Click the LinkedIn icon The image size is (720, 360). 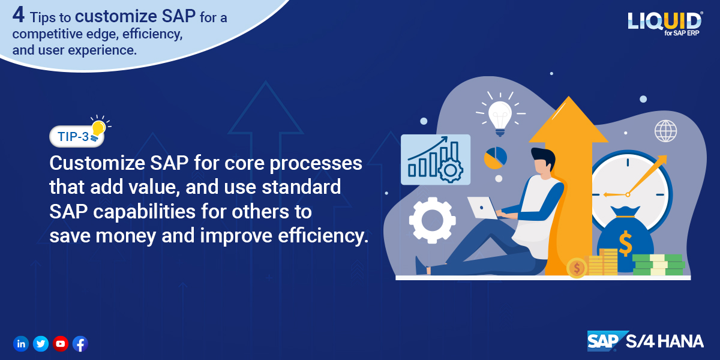coord(21,344)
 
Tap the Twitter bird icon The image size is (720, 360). coord(41,344)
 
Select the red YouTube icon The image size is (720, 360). coord(61,344)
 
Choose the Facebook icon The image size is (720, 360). coord(80,344)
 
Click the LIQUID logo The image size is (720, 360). coord(665,23)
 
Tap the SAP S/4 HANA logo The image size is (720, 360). coord(645,341)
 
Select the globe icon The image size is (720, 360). coord(665,131)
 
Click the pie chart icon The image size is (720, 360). coord(496,158)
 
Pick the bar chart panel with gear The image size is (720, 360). coord(436,160)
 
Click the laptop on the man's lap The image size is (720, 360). coord(482,208)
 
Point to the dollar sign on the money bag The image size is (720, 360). coord(625,243)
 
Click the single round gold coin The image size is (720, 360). coord(577,268)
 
